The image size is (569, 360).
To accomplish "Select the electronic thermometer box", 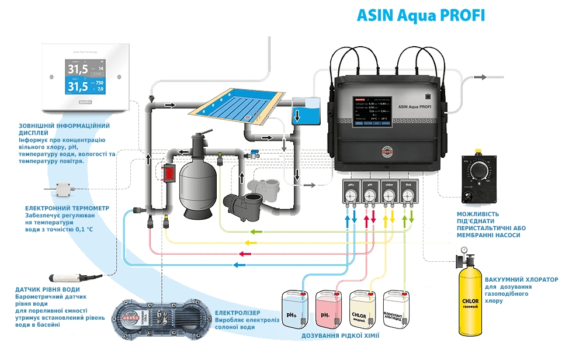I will [x=63, y=189].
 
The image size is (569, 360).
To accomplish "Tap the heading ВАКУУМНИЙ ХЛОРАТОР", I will [x=525, y=280].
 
